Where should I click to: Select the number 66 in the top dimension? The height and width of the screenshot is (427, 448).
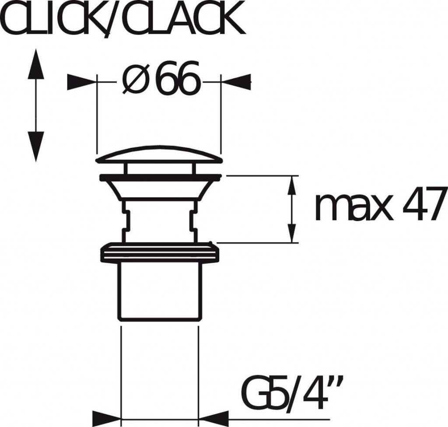pyautogui.click(x=178, y=78)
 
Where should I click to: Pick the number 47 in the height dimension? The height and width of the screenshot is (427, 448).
pyautogui.click(x=424, y=204)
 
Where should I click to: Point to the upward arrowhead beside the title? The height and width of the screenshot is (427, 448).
pyautogui.click(x=36, y=64)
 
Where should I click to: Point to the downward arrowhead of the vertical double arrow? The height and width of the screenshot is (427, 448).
pyautogui.click(x=36, y=147)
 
